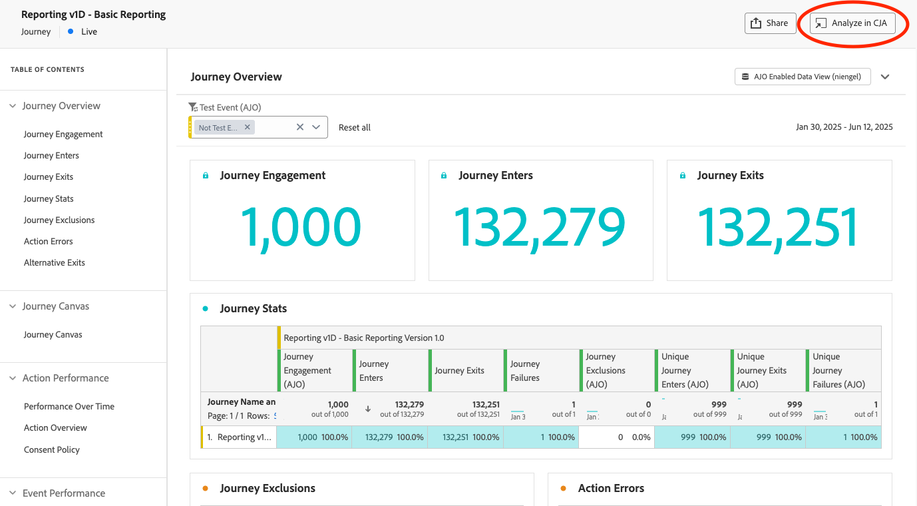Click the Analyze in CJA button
[x=852, y=23]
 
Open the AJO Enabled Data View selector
[x=802, y=77]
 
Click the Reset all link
[x=354, y=127]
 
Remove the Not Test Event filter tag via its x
[x=248, y=127]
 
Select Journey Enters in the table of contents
[x=51, y=156]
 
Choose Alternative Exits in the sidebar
[x=55, y=263]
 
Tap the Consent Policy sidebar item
[x=52, y=450]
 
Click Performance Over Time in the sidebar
[x=69, y=407]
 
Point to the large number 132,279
[x=540, y=227]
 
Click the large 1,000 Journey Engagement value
[x=301, y=227]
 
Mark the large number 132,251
[x=778, y=227]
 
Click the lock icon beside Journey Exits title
[x=682, y=176]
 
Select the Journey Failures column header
[x=525, y=371]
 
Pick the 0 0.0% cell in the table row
[x=616, y=437]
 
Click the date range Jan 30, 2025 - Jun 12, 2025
[x=844, y=127]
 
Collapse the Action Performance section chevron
[x=13, y=378]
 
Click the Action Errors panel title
[x=611, y=488]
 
